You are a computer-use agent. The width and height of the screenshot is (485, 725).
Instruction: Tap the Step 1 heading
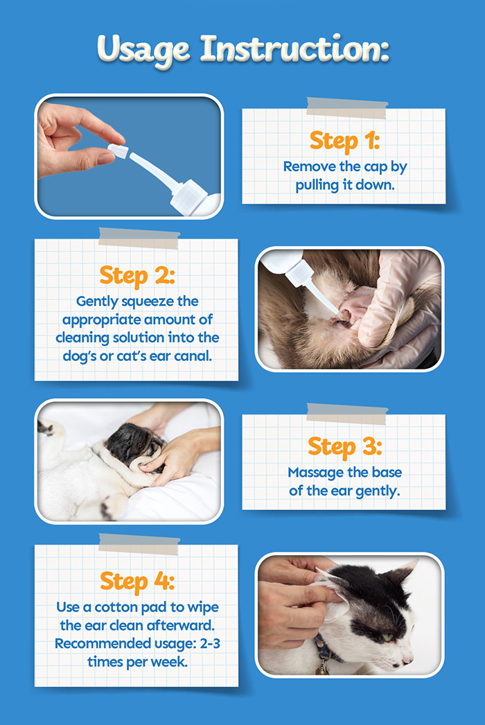pyautogui.click(x=344, y=141)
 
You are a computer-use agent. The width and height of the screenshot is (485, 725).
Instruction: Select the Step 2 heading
pyautogui.click(x=136, y=275)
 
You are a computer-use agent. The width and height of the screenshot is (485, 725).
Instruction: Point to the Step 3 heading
pyautogui.click(x=344, y=446)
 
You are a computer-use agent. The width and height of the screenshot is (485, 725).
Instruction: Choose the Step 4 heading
pyautogui.click(x=136, y=581)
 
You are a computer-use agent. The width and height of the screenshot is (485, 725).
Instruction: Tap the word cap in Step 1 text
pyautogui.click(x=375, y=167)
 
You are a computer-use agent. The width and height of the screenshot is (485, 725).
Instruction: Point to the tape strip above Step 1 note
pyautogui.click(x=346, y=108)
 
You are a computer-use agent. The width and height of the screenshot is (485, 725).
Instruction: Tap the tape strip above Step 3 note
pyautogui.click(x=346, y=413)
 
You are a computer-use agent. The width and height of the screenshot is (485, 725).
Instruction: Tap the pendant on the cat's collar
pyautogui.click(x=323, y=670)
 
